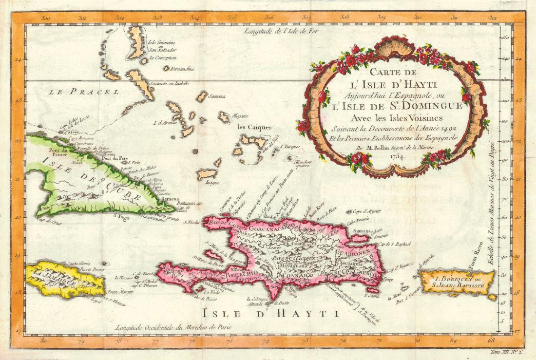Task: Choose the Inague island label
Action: click(212, 183)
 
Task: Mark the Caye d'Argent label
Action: click(367, 211)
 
